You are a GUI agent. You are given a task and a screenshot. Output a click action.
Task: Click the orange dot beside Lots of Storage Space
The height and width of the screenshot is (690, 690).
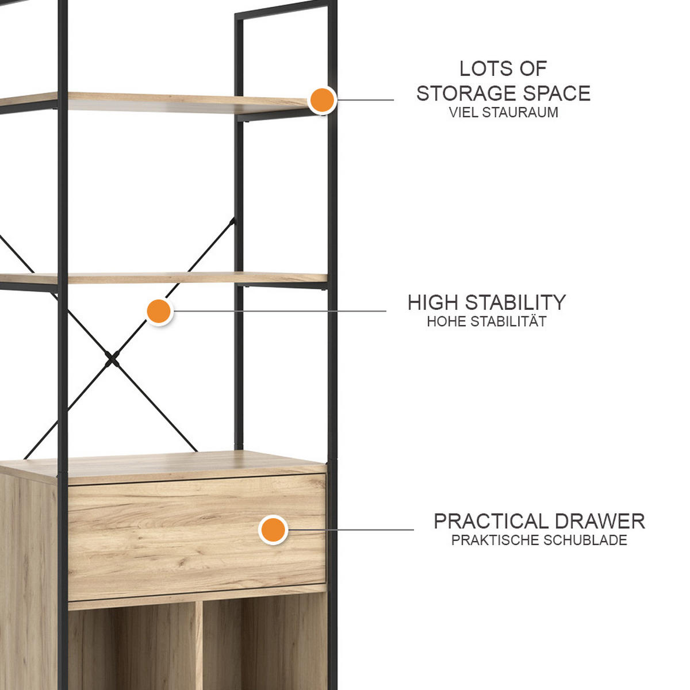(x=322, y=100)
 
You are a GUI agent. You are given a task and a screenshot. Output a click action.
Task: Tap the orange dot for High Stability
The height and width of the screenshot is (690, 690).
(x=159, y=311)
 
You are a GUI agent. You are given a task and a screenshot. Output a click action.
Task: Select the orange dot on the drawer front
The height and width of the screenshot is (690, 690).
(x=273, y=530)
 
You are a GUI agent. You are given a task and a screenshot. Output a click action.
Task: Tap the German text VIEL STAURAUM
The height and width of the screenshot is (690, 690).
(x=504, y=113)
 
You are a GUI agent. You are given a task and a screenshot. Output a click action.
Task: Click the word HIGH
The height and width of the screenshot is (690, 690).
(x=434, y=302)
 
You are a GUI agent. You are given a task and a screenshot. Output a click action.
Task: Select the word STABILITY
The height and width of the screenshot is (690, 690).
(x=515, y=302)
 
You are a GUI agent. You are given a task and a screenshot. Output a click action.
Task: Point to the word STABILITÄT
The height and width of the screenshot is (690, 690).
(x=508, y=321)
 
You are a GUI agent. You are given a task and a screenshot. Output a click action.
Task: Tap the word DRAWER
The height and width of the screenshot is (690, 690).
(x=598, y=522)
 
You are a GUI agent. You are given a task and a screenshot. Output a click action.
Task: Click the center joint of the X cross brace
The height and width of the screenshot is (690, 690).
(x=112, y=359)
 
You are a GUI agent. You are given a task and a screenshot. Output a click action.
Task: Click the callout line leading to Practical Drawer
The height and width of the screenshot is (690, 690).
(x=351, y=530)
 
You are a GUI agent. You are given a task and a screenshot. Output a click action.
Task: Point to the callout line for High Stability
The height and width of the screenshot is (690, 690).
(x=279, y=311)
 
